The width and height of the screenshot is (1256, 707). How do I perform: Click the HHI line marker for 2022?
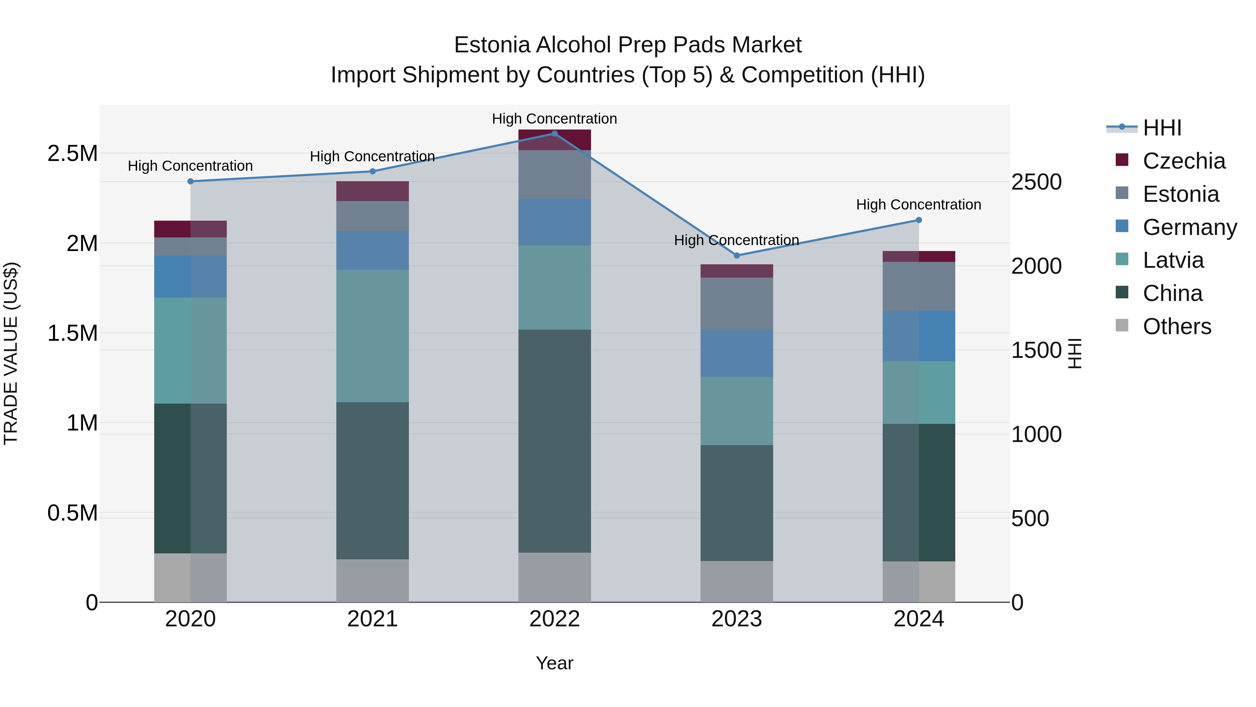click(x=554, y=134)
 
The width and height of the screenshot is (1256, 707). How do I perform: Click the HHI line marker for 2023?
click(x=737, y=256)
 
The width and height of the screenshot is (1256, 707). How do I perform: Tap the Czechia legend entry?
click(x=1183, y=161)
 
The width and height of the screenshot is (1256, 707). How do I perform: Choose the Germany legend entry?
click(x=1189, y=227)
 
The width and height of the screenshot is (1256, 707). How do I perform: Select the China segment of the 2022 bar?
click(x=554, y=441)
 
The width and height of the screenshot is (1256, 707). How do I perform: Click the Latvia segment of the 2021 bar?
click(x=373, y=336)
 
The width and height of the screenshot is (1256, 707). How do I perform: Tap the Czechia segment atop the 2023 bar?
click(x=737, y=271)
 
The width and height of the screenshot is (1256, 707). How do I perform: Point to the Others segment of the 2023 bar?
click(x=737, y=582)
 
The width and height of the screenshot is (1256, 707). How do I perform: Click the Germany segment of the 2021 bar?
click(x=373, y=251)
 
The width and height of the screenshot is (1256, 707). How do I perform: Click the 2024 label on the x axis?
click(x=919, y=619)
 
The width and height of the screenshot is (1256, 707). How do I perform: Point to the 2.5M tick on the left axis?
click(x=73, y=154)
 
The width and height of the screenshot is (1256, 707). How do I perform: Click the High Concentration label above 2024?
click(x=919, y=205)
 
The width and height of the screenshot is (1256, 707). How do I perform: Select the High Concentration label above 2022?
click(x=554, y=119)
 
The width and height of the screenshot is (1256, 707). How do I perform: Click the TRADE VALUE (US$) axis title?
click(x=11, y=353)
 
